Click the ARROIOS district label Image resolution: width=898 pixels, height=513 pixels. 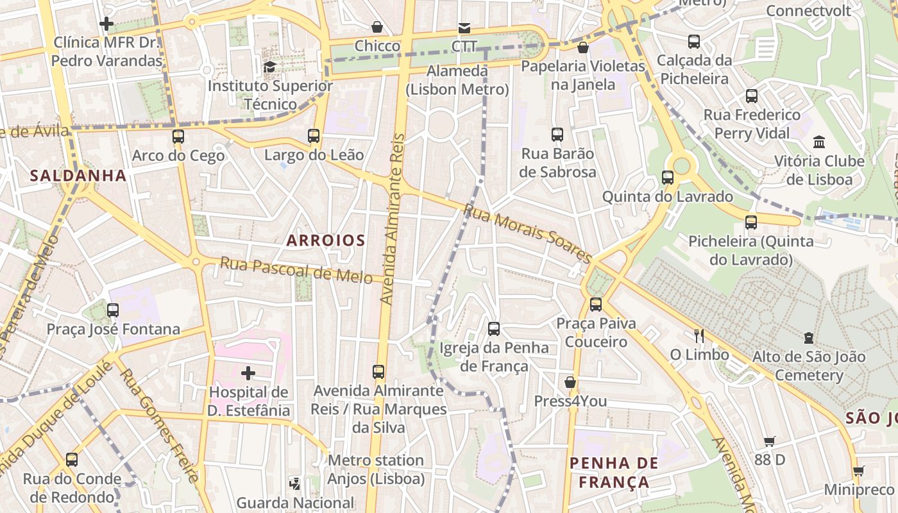(x=325, y=240)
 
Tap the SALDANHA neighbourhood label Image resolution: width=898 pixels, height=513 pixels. (x=78, y=175)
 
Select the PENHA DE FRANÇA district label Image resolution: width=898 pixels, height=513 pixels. (x=614, y=473)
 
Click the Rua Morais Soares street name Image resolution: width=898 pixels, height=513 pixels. (x=527, y=233)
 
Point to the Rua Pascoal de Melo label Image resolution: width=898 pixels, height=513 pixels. (x=296, y=270)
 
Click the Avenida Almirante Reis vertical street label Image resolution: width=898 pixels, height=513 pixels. (x=393, y=218)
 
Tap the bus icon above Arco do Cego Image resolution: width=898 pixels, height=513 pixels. (x=178, y=137)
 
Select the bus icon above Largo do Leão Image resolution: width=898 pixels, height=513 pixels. (x=314, y=136)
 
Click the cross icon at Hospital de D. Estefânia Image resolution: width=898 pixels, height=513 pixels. (x=248, y=373)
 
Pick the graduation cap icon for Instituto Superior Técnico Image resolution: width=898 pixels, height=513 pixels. (x=270, y=67)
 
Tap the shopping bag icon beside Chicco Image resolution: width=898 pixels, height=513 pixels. (x=377, y=28)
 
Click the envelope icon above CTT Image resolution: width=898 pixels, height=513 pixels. (x=464, y=28)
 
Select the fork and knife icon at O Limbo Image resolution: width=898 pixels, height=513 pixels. (x=699, y=335)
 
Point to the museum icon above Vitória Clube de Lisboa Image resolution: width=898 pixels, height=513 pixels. (x=819, y=142)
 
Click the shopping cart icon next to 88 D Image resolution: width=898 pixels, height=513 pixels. (x=770, y=441)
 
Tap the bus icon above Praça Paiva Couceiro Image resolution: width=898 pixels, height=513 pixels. (x=596, y=304)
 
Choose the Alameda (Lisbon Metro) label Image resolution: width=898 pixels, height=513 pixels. (x=457, y=80)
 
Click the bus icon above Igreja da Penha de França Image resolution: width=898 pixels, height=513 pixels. (x=494, y=329)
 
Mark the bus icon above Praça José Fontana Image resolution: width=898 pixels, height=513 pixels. (x=113, y=310)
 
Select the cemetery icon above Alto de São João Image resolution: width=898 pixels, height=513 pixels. (x=808, y=337)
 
